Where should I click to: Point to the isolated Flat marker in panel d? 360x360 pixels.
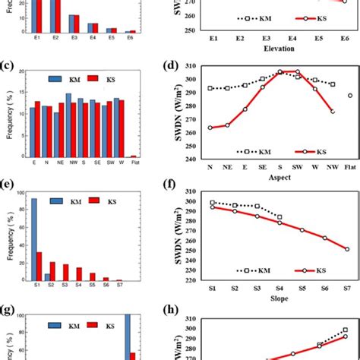(x=349, y=96)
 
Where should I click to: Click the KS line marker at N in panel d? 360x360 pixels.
(x=210, y=128)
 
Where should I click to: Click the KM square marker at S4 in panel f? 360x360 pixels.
(x=279, y=217)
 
